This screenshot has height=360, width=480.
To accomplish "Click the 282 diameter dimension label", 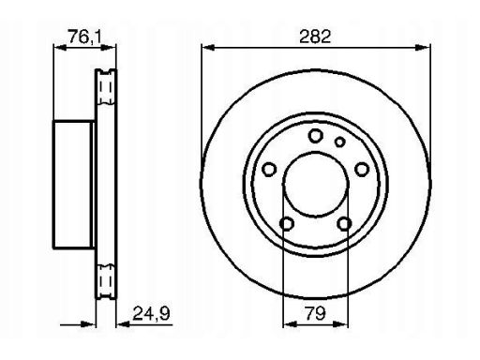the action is pos(315,37).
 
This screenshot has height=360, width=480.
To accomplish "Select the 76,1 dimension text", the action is pos(85,37).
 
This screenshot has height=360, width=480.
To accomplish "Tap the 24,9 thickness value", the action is pos(151,313).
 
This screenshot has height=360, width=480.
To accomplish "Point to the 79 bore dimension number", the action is pos(315,313).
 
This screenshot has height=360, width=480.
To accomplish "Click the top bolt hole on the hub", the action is pos(315,136).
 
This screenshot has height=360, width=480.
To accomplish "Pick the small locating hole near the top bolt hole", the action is pos(339,142).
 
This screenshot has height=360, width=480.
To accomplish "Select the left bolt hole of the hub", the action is pos(269,170).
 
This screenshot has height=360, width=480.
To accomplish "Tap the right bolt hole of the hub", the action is pos(362,170).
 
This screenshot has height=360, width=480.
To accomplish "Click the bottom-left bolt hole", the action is pos(287,224).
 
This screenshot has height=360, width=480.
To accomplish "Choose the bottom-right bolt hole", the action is pos(344,224).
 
